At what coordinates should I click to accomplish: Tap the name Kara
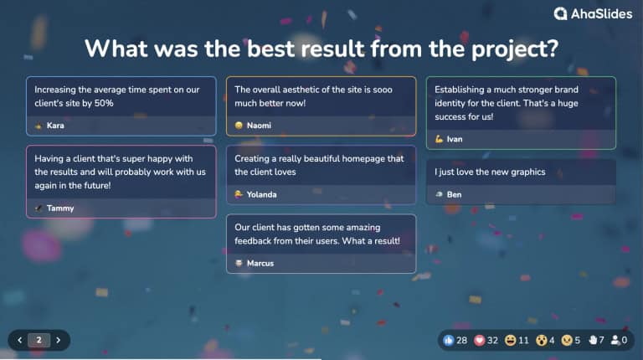pos(55,126)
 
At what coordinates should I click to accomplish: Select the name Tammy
pos(59,208)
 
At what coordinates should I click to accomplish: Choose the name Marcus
pos(261,263)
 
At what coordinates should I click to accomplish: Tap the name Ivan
pos(455,139)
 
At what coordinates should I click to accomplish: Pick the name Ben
pos(454,194)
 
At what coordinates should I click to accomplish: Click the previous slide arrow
pos(20,340)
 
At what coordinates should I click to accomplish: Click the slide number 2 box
pos(39,340)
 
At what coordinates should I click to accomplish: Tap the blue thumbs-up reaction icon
pos(449,341)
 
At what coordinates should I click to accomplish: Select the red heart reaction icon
pos(480,341)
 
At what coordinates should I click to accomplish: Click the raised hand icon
pos(593,341)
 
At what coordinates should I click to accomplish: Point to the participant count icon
pos(615,341)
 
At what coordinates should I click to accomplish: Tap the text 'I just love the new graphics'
pos(490,172)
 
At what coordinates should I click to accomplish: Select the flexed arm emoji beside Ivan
pos(439,139)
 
